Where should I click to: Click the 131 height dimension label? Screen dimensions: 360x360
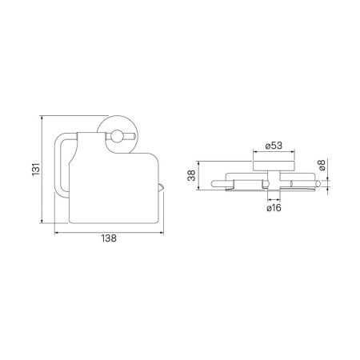(36, 169)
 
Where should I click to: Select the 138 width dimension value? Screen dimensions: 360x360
(109, 238)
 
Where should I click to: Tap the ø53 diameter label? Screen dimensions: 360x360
(274, 146)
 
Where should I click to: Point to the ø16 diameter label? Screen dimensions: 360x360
(274, 208)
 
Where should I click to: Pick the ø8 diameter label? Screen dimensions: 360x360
(322, 165)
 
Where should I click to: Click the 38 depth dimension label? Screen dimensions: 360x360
(191, 175)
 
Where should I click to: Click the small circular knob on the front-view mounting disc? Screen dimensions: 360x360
(116, 136)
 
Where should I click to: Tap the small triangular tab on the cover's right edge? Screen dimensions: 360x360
(161, 187)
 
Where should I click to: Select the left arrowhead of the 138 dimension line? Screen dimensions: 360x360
(56, 233)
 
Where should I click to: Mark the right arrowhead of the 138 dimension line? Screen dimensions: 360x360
(162, 233)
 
